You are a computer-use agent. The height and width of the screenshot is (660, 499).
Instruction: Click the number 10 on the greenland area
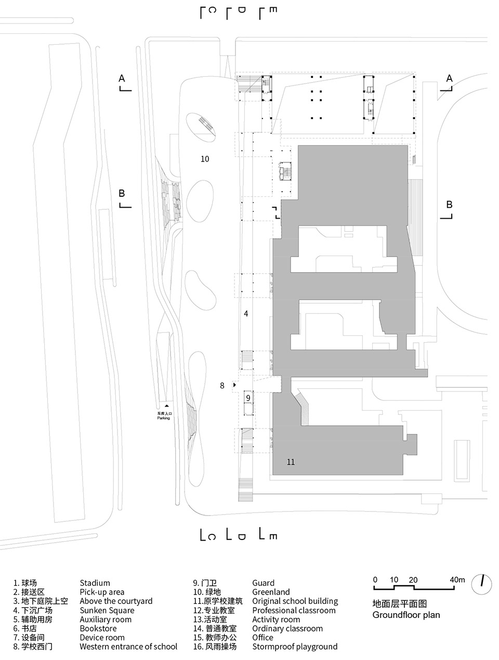205,159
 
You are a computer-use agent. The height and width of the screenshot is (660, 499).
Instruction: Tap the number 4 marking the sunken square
246,314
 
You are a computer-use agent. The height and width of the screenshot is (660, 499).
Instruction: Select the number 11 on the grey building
291,462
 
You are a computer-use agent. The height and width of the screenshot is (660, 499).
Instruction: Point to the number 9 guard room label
248,398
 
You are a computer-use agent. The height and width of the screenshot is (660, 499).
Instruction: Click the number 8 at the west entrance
222,385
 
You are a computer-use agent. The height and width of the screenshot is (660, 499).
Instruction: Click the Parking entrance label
164,415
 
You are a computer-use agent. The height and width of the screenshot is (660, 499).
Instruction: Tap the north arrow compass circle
482,584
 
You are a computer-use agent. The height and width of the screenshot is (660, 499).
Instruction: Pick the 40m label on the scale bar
457,580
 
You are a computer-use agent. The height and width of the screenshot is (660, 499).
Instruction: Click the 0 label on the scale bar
375,580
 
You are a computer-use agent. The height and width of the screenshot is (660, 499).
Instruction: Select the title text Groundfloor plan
406,615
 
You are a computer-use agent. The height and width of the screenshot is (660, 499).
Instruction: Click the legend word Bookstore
98,628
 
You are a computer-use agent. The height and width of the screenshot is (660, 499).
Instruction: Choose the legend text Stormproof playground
295,646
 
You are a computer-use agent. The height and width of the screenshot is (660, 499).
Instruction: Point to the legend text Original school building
295,601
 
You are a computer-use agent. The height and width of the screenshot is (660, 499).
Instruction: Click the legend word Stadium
95,583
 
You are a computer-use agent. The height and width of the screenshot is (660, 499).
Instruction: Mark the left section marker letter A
122,78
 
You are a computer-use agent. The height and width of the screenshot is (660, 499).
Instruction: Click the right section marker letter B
449,204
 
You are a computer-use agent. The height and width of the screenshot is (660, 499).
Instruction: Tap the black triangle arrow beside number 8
234,385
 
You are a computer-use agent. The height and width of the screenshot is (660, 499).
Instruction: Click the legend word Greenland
271,592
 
